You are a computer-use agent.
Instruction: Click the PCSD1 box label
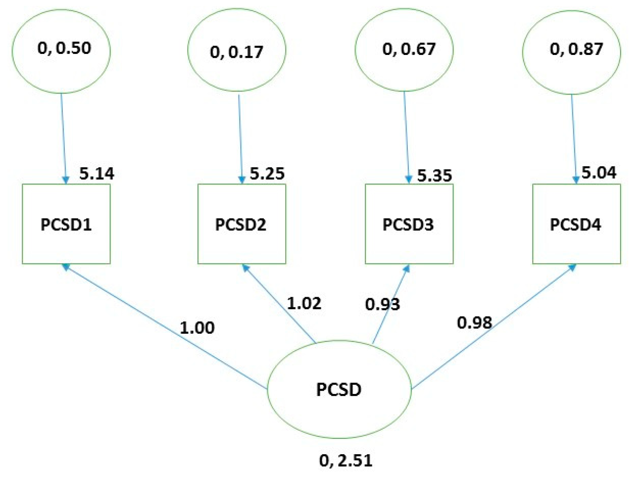66,225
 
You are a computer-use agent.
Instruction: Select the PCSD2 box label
241,225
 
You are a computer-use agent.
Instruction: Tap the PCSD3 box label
408,225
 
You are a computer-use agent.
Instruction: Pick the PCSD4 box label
575,225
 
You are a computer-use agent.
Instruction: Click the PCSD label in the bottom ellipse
339,390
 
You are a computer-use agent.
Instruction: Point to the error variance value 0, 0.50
64,48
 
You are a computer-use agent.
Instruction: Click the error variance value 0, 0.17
236,52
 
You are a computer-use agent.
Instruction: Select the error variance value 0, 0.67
409,49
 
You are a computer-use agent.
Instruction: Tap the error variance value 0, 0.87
576,49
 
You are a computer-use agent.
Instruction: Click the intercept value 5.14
97,174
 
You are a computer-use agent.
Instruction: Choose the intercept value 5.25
267,174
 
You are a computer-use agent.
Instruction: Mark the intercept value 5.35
434,176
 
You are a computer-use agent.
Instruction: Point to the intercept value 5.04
599,173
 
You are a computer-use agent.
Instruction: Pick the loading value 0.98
474,323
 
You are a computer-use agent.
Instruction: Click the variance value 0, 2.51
346,461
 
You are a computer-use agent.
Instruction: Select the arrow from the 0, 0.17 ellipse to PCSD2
240,138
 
